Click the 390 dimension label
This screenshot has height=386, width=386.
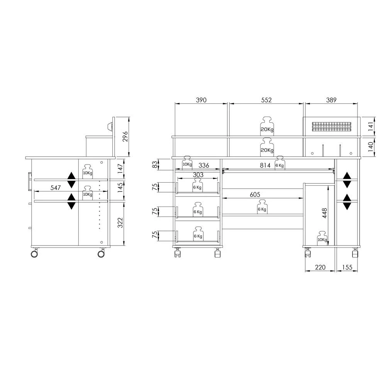(201, 100)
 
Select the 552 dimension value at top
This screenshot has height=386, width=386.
(266, 100)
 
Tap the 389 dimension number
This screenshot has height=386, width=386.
(331, 100)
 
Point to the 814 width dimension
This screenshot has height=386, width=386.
(265, 166)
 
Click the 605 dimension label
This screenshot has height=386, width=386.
(255, 195)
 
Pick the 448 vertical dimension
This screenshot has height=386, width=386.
(325, 213)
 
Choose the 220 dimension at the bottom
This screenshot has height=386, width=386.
(320, 267)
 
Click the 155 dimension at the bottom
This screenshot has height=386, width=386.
(347, 267)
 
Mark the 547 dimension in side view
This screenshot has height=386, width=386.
(55, 188)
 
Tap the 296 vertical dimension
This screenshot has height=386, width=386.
(125, 136)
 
